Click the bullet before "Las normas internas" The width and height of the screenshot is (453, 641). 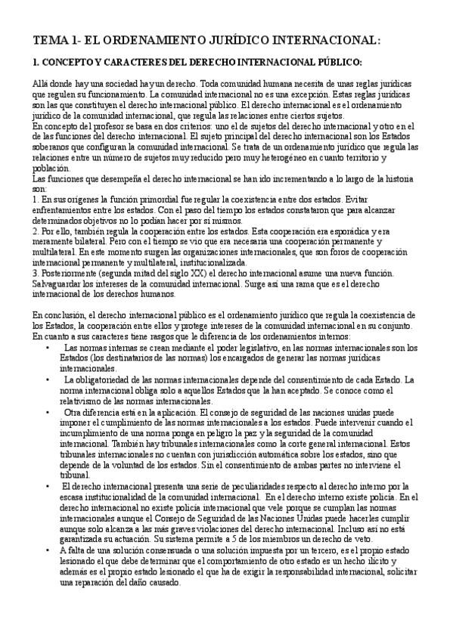point(48,347)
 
